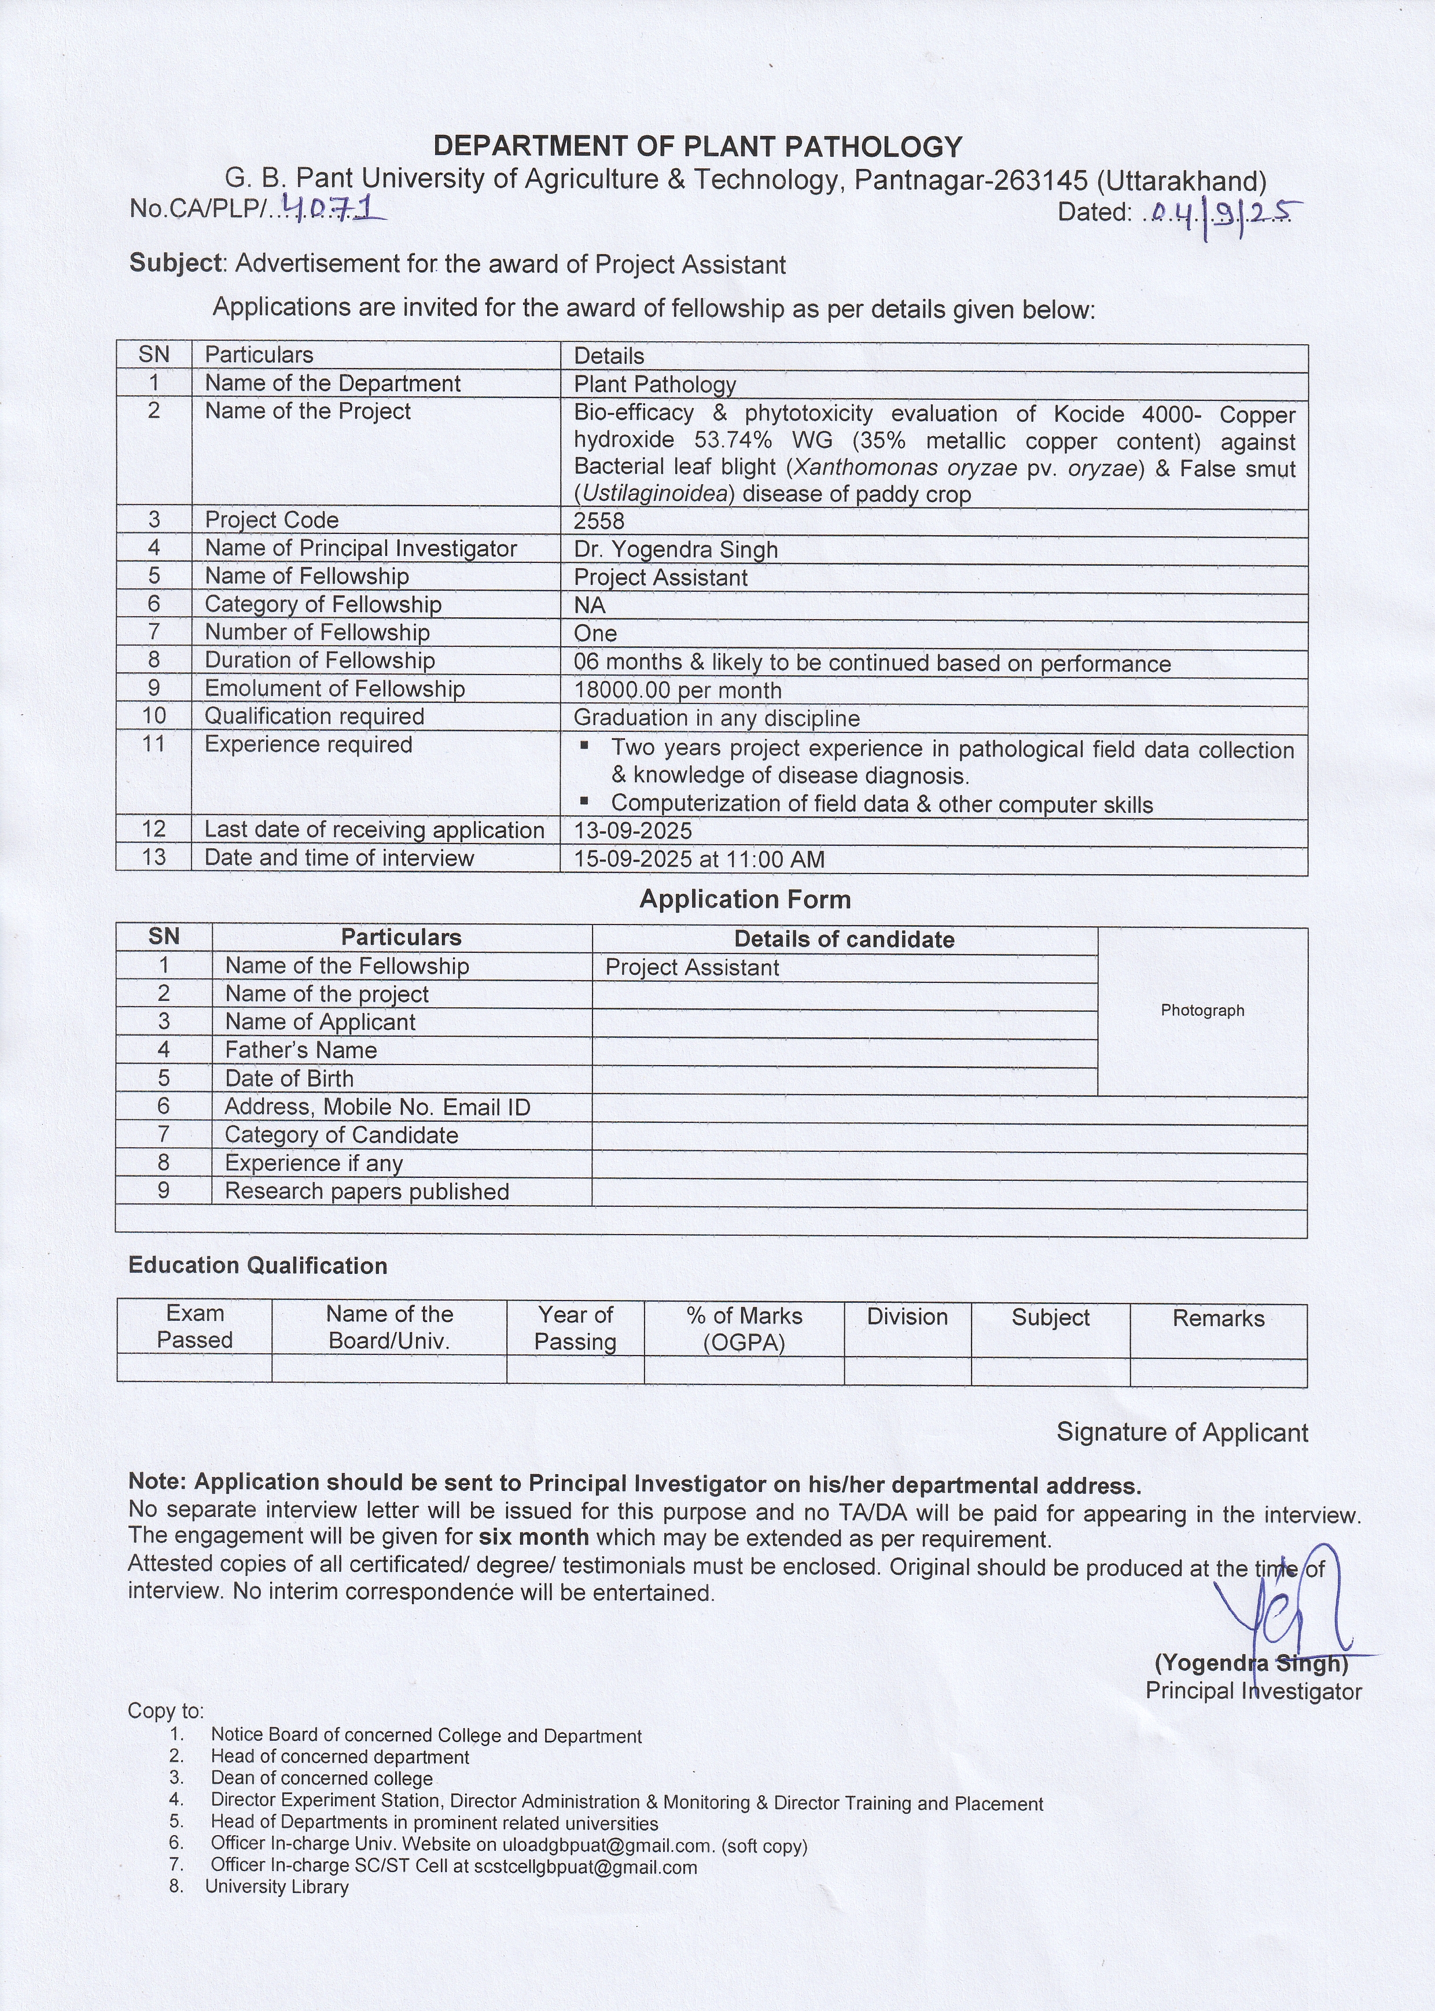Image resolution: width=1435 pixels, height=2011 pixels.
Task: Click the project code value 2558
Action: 598,521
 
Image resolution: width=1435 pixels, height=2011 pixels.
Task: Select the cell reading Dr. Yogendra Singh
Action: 675,550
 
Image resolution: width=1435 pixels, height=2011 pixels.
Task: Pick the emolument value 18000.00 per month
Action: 677,690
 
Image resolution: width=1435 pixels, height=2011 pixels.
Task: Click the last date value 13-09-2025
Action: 632,831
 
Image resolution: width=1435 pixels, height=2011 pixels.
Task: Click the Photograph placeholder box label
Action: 1202,1010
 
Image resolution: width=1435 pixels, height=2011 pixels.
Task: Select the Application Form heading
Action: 745,900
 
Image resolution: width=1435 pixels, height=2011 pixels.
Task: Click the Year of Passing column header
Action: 575,1328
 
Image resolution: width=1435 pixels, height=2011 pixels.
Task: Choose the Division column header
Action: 907,1317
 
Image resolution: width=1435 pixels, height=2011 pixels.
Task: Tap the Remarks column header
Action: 1217,1318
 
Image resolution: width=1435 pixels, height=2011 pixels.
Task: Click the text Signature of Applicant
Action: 1182,1432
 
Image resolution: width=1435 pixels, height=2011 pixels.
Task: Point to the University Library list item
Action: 277,1887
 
